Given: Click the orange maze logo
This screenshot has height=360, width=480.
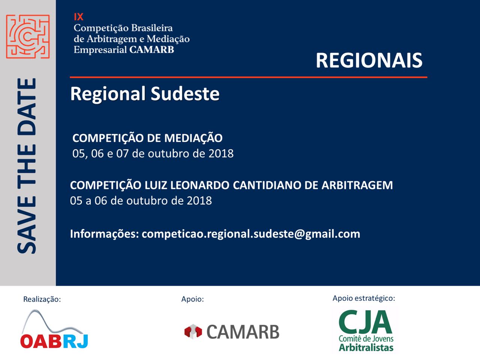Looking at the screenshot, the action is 28,36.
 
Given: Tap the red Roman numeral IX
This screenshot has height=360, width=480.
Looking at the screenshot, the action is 78,17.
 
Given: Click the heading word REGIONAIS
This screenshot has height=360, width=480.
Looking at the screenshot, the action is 369,60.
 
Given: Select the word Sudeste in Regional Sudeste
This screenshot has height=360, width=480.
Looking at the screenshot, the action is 185,94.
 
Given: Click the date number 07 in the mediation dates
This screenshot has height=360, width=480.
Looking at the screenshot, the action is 122,153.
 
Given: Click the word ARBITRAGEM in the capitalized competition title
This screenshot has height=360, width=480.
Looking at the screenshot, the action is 357,185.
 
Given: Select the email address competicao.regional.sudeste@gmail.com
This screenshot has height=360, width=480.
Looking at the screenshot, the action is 251,234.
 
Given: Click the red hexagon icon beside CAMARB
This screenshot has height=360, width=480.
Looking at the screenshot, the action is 193,331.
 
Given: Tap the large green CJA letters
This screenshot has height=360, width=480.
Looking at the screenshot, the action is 365,323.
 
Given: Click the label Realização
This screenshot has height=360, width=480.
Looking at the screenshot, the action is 42,299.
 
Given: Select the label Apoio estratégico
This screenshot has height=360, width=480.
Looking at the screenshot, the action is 364,298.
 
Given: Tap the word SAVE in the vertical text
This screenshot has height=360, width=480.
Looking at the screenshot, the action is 27,225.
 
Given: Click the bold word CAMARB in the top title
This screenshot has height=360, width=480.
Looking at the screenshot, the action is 151,49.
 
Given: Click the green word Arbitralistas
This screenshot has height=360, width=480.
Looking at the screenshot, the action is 366,348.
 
